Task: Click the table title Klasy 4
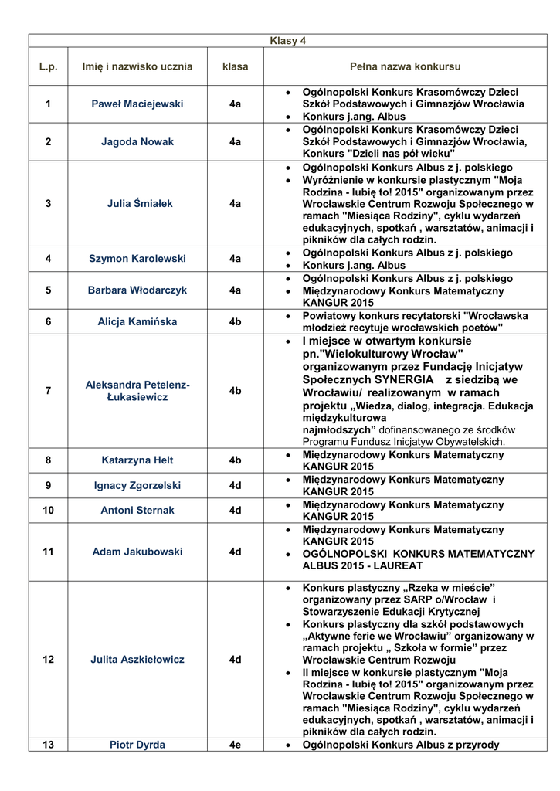(x=287, y=41)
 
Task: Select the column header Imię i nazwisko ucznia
(x=137, y=66)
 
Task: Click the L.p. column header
(x=49, y=66)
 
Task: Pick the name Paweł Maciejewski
(x=137, y=104)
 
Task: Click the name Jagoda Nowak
(x=137, y=142)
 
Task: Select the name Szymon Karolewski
(x=137, y=259)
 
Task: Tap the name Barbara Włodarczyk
(x=137, y=290)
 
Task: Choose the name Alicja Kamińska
(x=137, y=321)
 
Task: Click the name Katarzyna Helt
(x=137, y=460)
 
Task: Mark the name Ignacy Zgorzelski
(x=137, y=486)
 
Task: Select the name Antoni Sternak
(x=137, y=511)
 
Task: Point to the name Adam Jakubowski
(x=137, y=552)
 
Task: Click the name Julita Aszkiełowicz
(x=137, y=660)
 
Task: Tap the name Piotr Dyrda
(x=137, y=745)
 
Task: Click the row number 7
(x=49, y=391)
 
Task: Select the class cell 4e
(x=236, y=745)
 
